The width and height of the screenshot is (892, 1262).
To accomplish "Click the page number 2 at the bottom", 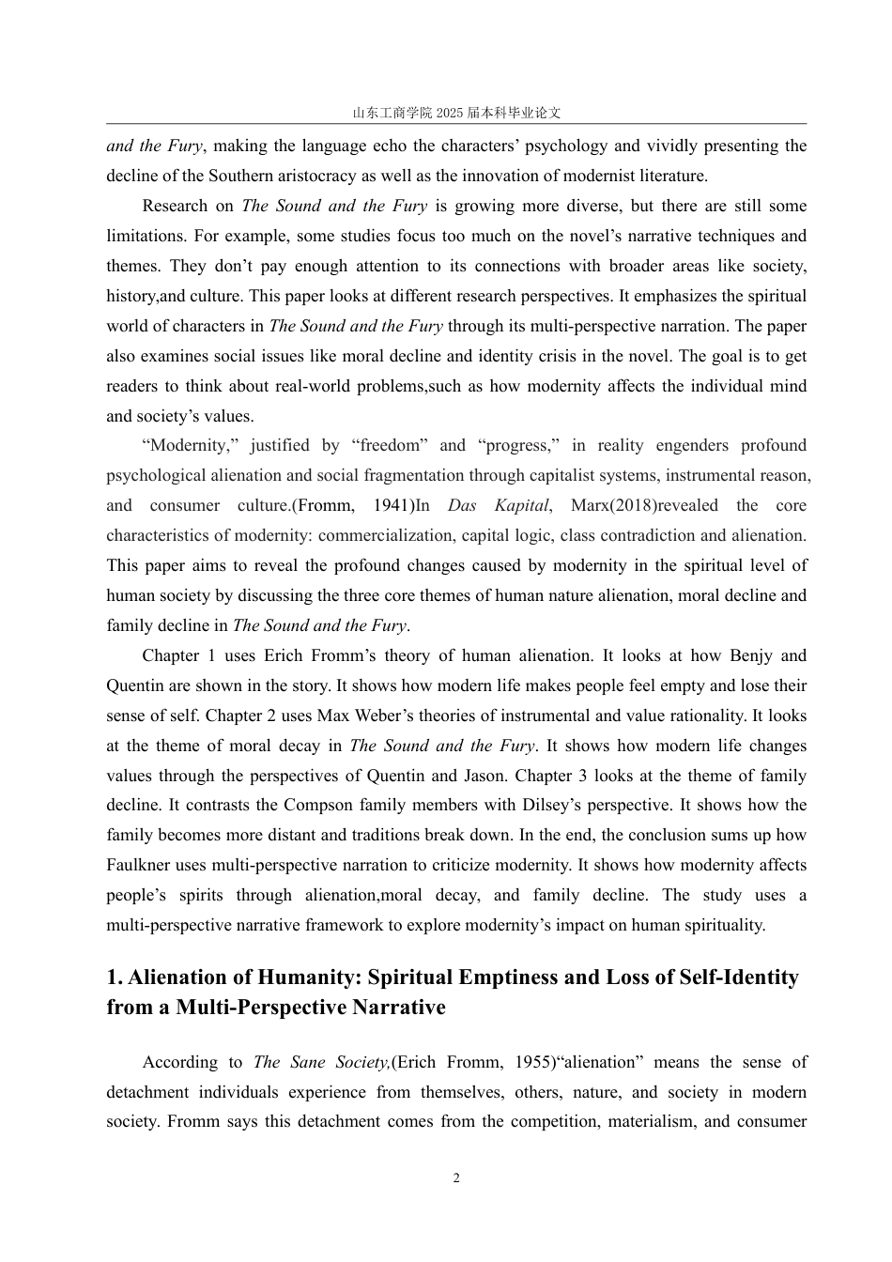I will (x=456, y=1178).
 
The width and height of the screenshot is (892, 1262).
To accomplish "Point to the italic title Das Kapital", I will (x=498, y=505).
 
